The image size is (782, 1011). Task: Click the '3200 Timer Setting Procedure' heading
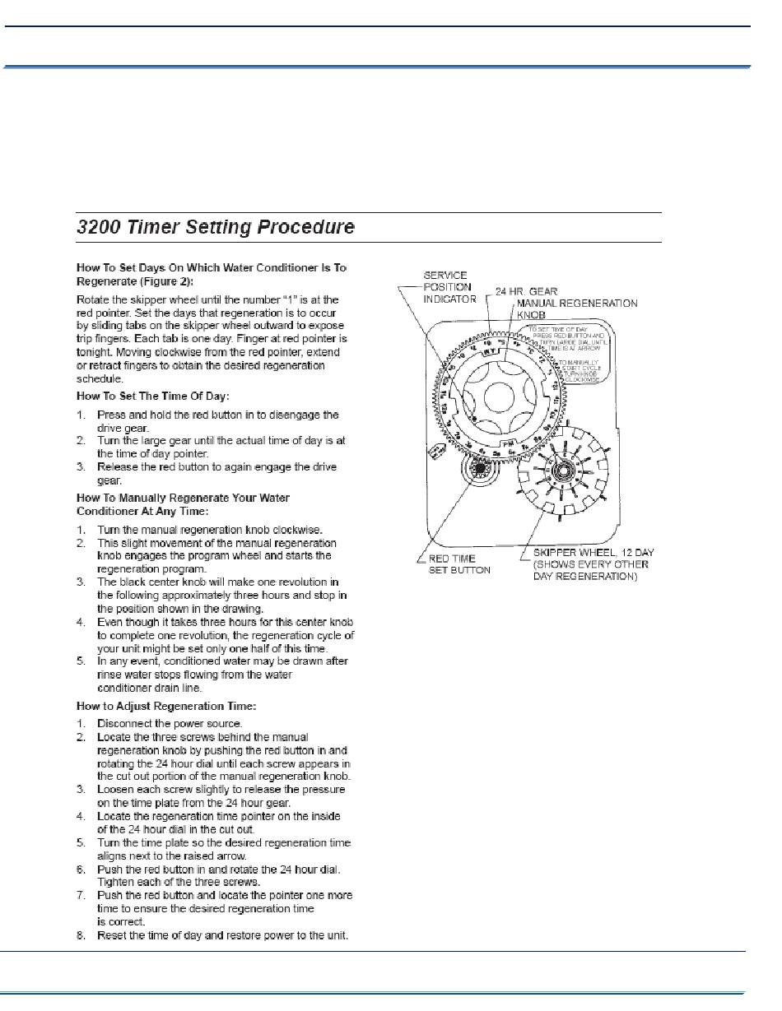pyautogui.click(x=215, y=227)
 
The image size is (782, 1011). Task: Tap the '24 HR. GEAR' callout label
pyautogui.click(x=526, y=291)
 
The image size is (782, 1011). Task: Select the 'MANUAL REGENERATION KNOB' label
pyautogui.click(x=576, y=308)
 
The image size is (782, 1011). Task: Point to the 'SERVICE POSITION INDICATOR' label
pyautogui.click(x=449, y=287)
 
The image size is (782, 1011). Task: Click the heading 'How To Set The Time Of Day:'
pyautogui.click(x=152, y=397)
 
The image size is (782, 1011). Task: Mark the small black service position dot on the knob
pyautogui.click(x=475, y=420)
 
